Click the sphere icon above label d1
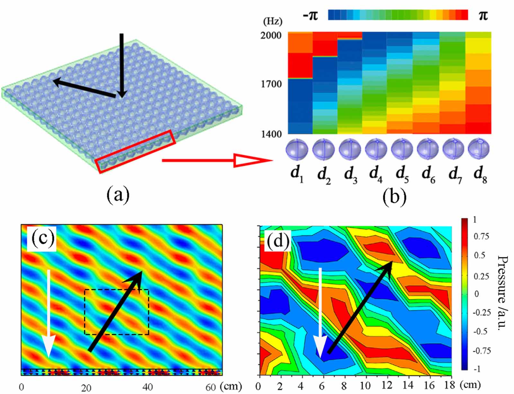pos(297,150)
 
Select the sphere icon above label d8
pos(479,149)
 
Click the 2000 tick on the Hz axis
pos(271,35)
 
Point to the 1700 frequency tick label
pos(271,85)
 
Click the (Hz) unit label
pos(272,22)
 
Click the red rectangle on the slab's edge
pos(136,151)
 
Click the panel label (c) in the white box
pos(42,238)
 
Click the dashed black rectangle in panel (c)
pos(117,312)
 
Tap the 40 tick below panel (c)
pos(148,387)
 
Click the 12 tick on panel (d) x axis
pos(387,385)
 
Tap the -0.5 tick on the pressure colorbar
pos(481,331)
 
